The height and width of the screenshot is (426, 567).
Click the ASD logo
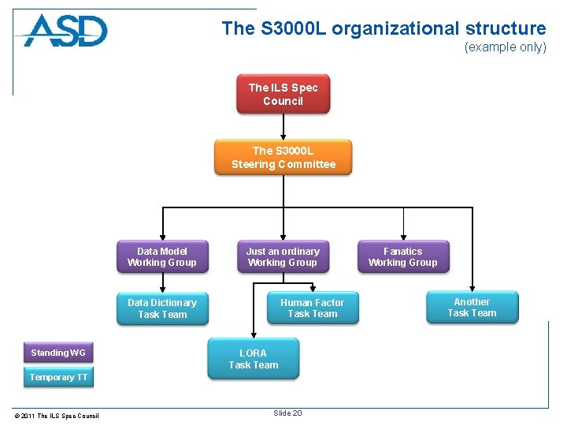tap(65, 32)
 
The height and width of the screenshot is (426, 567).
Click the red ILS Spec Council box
tap(283, 95)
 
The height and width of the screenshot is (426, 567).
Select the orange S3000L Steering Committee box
tap(283, 157)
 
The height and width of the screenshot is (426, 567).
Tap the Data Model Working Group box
tap(162, 257)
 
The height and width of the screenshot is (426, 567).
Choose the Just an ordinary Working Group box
tap(283, 257)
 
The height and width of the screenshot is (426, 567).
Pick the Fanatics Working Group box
tap(402, 257)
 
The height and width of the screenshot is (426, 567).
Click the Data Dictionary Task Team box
tap(162, 308)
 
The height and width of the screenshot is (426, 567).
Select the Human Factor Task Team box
tap(312, 308)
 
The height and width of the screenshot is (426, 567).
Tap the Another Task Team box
tap(472, 308)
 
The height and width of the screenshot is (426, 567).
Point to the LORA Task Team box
tap(253, 359)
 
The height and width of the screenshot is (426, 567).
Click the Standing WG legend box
tap(58, 353)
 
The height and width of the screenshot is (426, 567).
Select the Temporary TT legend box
tap(58, 377)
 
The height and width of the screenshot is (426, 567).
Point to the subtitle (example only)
tap(505, 47)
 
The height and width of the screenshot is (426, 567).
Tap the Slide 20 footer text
tap(287, 413)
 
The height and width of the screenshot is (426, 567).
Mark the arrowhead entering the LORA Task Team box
tap(253, 334)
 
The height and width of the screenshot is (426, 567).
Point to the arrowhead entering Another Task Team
tap(472, 287)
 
